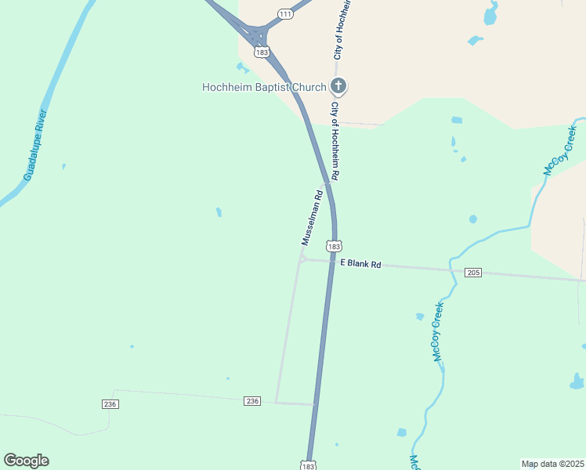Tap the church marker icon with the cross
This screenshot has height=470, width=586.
(x=338, y=86)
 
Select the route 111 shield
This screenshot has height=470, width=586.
(x=285, y=14)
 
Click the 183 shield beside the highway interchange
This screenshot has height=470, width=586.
(x=262, y=52)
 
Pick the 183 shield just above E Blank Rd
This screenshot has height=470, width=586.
(x=335, y=246)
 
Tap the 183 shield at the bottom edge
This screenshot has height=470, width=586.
(x=309, y=465)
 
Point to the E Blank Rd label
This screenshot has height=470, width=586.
(x=360, y=265)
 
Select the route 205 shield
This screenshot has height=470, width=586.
(x=472, y=273)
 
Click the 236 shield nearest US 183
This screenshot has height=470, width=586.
(x=251, y=401)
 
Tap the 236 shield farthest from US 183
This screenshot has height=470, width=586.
(x=110, y=403)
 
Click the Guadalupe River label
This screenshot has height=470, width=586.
(x=36, y=146)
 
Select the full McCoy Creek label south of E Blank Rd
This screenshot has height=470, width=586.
(x=438, y=331)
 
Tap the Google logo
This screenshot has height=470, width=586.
(x=26, y=461)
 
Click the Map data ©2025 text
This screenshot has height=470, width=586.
(x=553, y=463)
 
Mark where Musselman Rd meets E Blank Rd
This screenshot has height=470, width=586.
(x=302, y=259)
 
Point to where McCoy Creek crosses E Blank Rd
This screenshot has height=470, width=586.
(x=451, y=268)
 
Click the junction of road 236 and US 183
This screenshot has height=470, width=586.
(x=316, y=405)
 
